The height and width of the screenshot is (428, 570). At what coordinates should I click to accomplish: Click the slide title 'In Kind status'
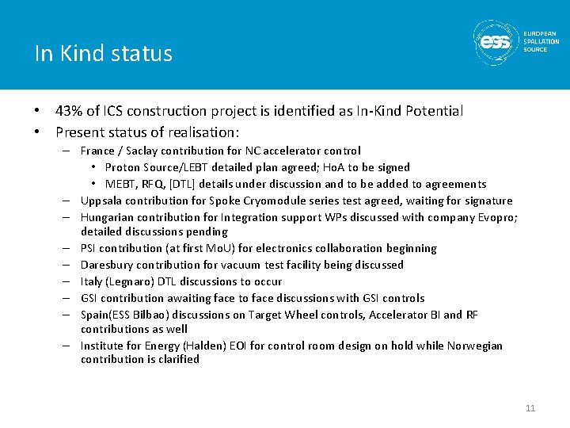[x=104, y=54]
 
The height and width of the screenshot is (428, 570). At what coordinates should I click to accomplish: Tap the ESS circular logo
[x=496, y=42]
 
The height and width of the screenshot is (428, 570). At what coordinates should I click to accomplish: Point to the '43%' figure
[x=69, y=111]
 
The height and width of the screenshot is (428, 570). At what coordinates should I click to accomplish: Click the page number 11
[x=530, y=408]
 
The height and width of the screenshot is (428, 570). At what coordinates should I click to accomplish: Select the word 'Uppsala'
[x=101, y=201]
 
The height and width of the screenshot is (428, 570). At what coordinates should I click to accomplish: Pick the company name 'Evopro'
[x=497, y=216]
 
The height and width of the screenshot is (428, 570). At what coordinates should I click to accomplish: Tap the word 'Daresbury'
[x=107, y=265]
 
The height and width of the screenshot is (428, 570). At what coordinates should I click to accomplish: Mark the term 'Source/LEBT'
[x=173, y=167]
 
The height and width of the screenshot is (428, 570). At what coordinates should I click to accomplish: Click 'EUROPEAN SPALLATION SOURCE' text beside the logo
[x=541, y=42]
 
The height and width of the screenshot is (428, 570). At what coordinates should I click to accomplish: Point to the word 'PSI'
[x=89, y=248]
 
